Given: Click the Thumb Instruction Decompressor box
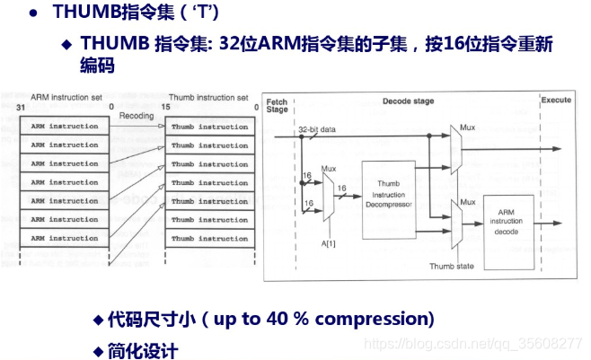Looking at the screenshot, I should click(x=389, y=200).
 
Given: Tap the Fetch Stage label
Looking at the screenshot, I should click(x=277, y=104).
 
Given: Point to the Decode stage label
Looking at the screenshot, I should click(x=407, y=101).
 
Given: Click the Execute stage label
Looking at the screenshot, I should click(x=556, y=101).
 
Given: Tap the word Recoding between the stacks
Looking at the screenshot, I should click(x=137, y=116).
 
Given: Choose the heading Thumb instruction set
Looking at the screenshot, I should click(x=208, y=97).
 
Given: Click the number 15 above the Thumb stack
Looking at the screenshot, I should click(x=167, y=108).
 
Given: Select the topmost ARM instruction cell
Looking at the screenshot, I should click(x=65, y=127).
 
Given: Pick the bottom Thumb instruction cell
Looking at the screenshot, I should click(x=209, y=239).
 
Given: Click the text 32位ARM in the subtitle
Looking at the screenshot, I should click(x=248, y=43).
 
